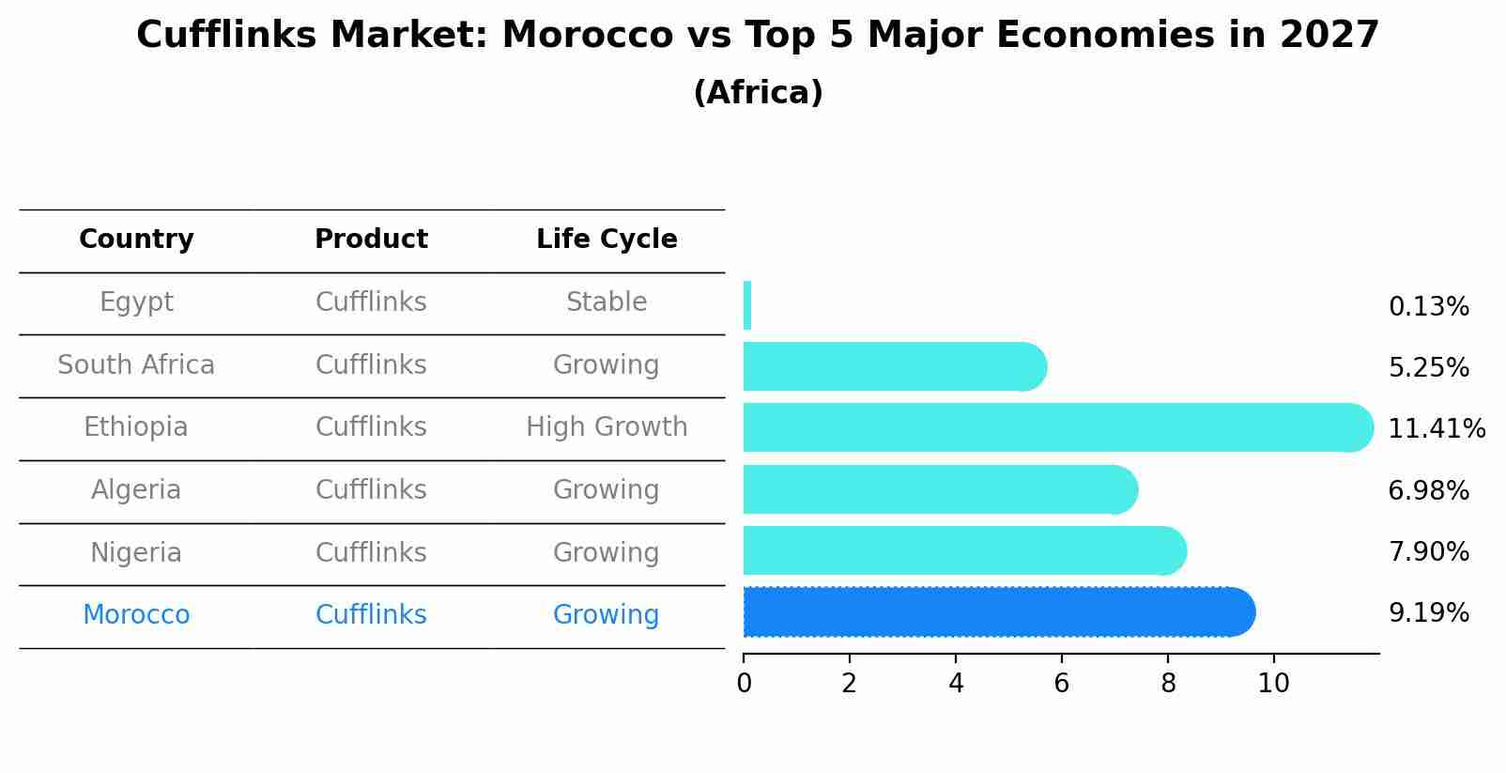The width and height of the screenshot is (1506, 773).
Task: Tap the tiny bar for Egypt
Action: (x=747, y=305)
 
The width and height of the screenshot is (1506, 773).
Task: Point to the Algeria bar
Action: (x=940, y=489)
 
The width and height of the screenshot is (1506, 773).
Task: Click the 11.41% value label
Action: (x=1436, y=429)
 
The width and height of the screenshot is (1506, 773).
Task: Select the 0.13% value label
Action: (x=1428, y=307)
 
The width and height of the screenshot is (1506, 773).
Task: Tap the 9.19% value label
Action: (x=1428, y=613)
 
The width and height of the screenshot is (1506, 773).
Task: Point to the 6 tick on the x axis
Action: (x=1062, y=683)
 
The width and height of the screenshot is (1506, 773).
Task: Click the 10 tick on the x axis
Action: (x=1273, y=683)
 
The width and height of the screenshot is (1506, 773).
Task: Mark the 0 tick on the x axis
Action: (x=744, y=683)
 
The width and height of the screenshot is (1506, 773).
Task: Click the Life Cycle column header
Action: (x=607, y=240)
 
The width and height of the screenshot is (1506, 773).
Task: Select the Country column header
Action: (x=136, y=240)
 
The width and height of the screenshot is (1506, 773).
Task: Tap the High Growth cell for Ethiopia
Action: (x=607, y=427)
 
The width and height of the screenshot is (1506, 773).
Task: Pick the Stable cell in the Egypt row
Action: (x=607, y=302)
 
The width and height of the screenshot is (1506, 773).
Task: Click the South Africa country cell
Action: (x=136, y=365)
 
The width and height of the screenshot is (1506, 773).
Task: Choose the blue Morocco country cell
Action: (x=136, y=615)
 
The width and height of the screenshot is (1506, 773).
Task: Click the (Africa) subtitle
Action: (x=758, y=93)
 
